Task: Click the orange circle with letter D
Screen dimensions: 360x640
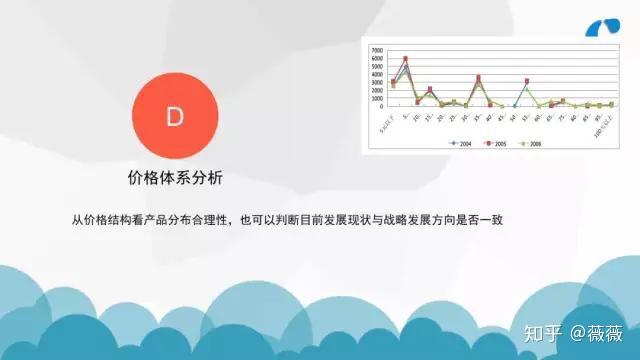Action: tap(175, 116)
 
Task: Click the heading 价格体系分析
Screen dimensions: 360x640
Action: tap(175, 178)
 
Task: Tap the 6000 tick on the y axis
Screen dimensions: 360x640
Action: tap(376, 58)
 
